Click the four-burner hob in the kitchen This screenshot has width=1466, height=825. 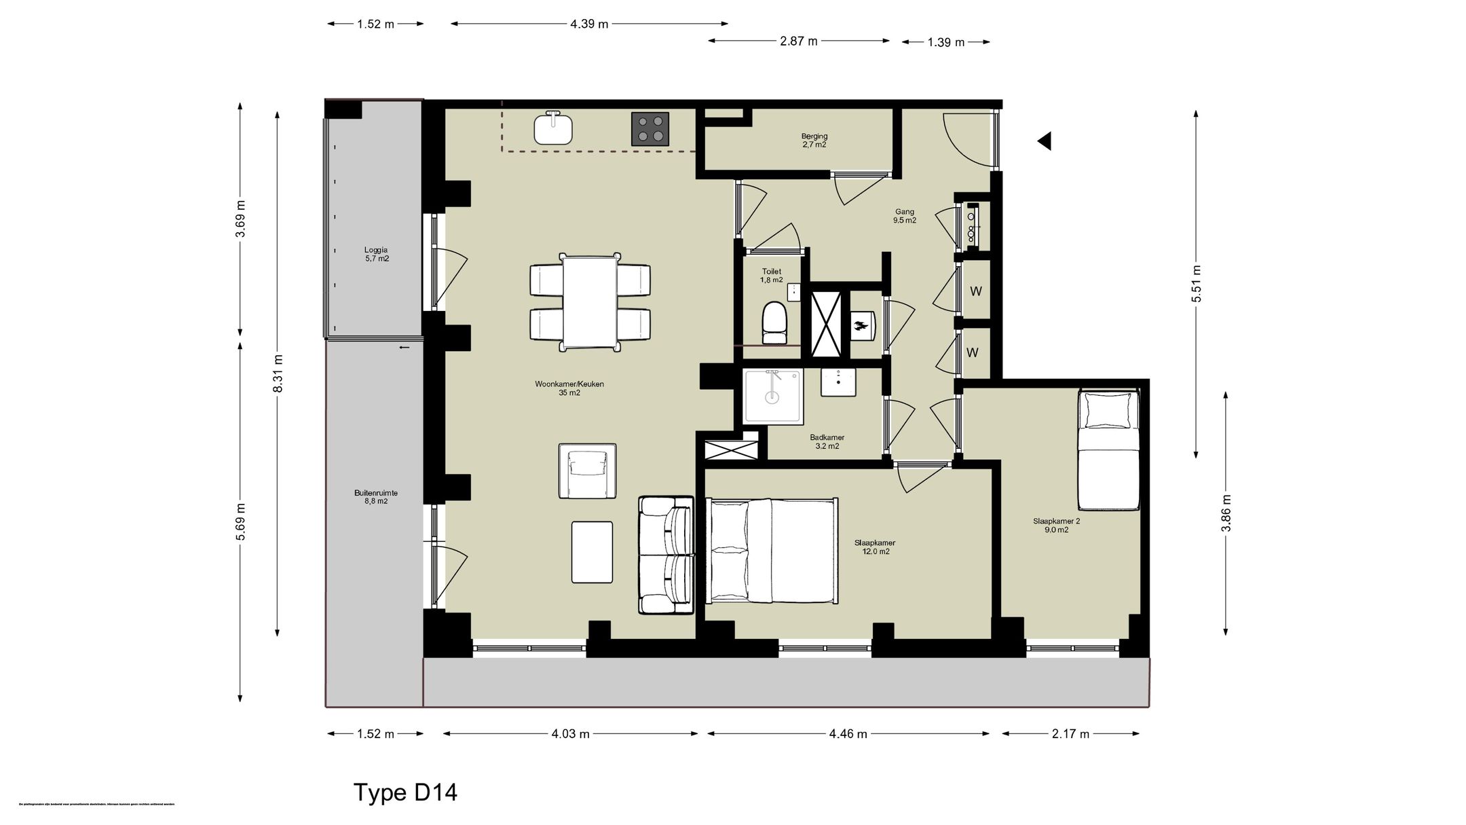[x=650, y=129]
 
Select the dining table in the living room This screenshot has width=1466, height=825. [x=590, y=301]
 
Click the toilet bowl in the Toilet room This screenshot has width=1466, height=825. [x=774, y=323]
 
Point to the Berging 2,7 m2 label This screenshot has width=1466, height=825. [x=814, y=141]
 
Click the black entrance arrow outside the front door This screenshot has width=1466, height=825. [x=1045, y=141]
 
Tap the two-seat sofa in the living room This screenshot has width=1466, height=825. [x=666, y=555]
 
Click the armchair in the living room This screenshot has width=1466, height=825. [x=587, y=471]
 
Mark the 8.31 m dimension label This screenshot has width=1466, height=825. [x=278, y=373]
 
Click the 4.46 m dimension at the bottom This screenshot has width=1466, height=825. [x=848, y=733]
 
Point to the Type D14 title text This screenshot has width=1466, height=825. [x=405, y=792]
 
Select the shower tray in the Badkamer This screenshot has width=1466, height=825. [x=772, y=396]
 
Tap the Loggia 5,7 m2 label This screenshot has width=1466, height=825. [x=376, y=254]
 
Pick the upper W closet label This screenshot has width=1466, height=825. [x=976, y=291]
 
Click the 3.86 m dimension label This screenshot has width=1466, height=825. [x=1226, y=513]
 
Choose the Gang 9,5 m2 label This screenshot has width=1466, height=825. [x=905, y=216]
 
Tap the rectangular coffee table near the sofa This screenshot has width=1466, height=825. [x=592, y=551]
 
